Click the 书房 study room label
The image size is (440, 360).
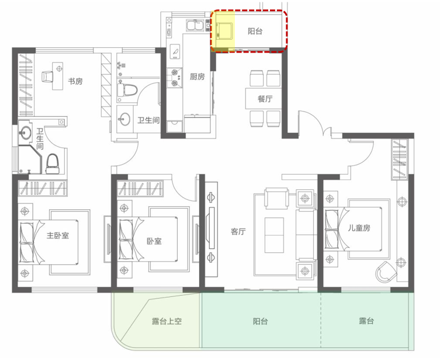pyautogui.click(x=75, y=81)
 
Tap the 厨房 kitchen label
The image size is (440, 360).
pyautogui.click(x=198, y=77)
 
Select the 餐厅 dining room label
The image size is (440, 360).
pyautogui.click(x=265, y=99)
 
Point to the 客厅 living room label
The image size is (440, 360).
pyautogui.click(x=238, y=231)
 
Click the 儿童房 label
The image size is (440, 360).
pyautogui.click(x=359, y=227)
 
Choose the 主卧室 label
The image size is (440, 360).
pyautogui.click(x=58, y=235)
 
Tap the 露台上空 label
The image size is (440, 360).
pyautogui.click(x=167, y=321)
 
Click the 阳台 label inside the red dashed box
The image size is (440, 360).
pyautogui.click(x=255, y=31)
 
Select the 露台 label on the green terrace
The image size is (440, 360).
pyautogui.click(x=366, y=321)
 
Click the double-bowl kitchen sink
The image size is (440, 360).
pyautogui.click(x=195, y=25)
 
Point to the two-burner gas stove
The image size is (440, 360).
pyautogui.click(x=175, y=78)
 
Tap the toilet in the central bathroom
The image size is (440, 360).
pyautogui.click(x=127, y=90)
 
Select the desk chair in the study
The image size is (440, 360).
pyautogui.click(x=47, y=77)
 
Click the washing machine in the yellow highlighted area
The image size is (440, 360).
pyautogui.click(x=224, y=31)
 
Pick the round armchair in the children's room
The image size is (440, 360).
pyautogui.click(x=386, y=272)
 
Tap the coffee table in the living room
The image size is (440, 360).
pyautogui.click(x=274, y=235)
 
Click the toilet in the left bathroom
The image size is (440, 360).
pyautogui.click(x=53, y=164)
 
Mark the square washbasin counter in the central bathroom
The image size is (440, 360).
pyautogui.click(x=124, y=119)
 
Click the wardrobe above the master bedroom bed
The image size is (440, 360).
pyautogui.click(x=43, y=188)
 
